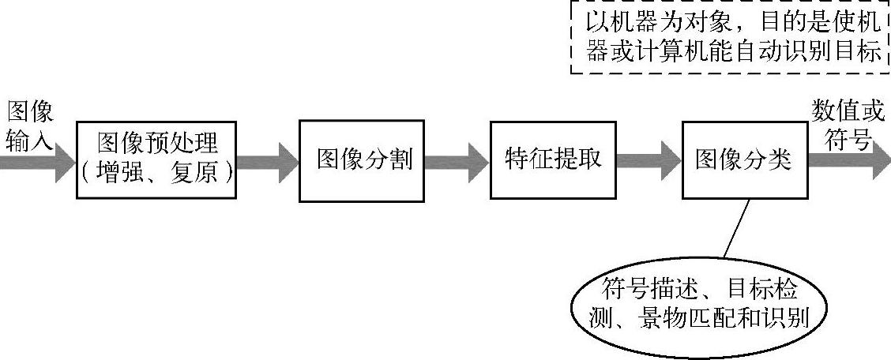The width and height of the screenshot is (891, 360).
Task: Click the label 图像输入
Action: (30, 126)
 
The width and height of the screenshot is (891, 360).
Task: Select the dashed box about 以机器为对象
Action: (730, 37)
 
